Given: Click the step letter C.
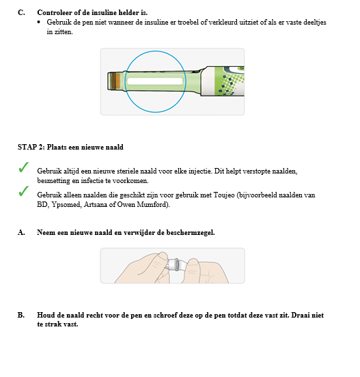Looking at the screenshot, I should pos(20,13).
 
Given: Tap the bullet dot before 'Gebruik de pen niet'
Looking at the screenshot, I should pos(39,23).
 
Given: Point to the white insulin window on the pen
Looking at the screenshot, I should pos(154,81).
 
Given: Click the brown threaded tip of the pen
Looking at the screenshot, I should pos(117,81).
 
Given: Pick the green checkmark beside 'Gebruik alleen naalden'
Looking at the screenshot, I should pos(23,191).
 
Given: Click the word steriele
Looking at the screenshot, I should pos(126,170).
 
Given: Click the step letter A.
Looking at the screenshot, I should pos(20,232).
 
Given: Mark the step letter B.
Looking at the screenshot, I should pos(20,315).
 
